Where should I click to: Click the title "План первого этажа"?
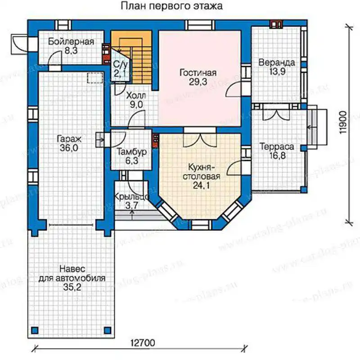click(171, 6)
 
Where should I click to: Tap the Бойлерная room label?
click(71, 41)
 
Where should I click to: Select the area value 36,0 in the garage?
click(69, 148)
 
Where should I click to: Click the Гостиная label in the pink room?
click(198, 73)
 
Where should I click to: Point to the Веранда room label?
click(277, 63)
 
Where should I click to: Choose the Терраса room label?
click(277, 147)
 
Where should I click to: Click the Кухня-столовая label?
click(201, 172)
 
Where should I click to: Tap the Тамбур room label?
click(131, 152)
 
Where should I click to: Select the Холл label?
click(136, 95)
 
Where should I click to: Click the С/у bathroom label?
click(120, 64)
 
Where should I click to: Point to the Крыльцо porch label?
click(131, 197)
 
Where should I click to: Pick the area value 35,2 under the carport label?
click(72, 287)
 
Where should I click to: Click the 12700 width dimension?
click(143, 343)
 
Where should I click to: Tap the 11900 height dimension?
click(343, 123)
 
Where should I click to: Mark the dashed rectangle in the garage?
click(94, 77)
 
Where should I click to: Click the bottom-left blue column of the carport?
click(35, 330)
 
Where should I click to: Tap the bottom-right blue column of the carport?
click(108, 330)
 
